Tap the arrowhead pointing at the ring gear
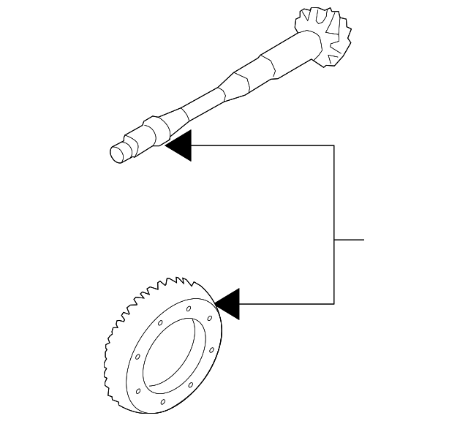(x=227, y=303)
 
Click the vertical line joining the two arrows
(x=334, y=219)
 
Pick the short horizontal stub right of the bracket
(x=349, y=240)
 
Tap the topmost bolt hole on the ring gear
(x=189, y=309)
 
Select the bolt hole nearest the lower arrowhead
(x=211, y=318)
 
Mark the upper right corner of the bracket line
(x=334, y=145)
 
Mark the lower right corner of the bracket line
(x=334, y=303)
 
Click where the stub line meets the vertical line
(x=334, y=240)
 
